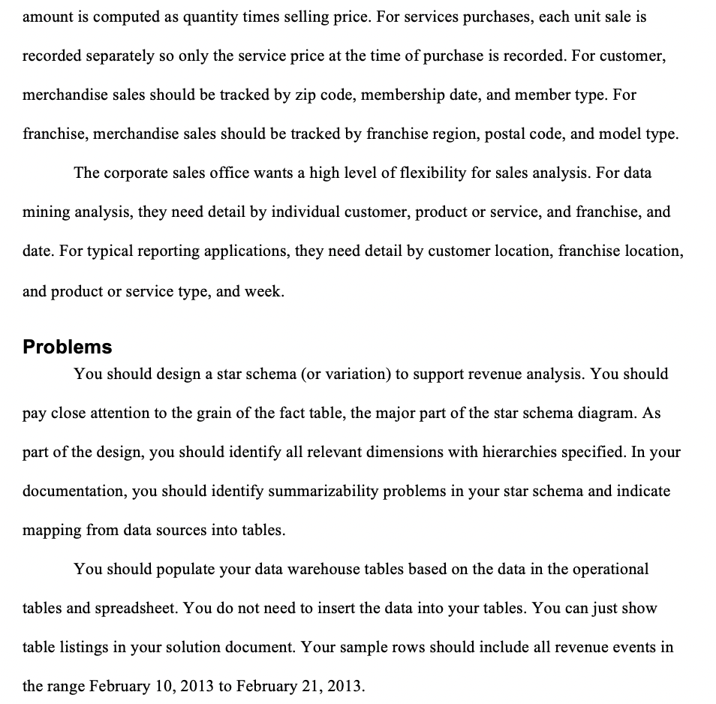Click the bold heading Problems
pyautogui.click(x=68, y=347)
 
